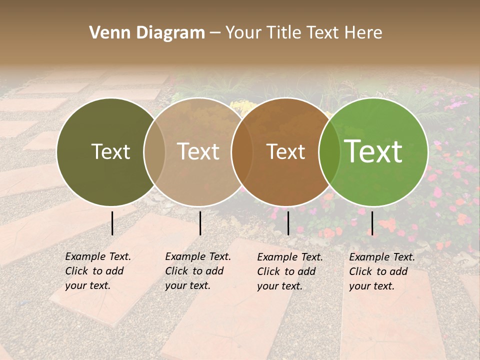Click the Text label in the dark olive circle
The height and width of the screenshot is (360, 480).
110,151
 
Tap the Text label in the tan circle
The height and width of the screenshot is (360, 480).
198,151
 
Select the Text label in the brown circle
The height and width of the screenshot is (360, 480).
286,151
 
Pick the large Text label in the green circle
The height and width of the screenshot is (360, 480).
373,151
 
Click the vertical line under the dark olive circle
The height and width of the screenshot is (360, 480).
112,223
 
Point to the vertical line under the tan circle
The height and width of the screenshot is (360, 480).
200,223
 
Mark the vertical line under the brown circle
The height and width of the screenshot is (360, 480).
288,223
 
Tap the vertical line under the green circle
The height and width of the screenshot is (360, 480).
372,223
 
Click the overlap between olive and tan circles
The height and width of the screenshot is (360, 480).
154,152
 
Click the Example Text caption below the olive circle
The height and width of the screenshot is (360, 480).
97,271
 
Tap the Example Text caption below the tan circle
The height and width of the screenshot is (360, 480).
197,271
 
